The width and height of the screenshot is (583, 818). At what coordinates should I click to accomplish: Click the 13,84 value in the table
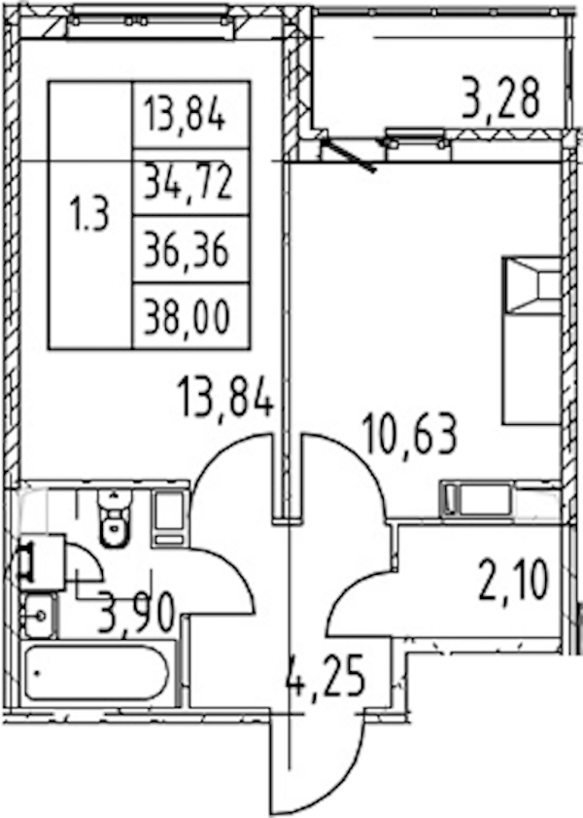pos(185,115)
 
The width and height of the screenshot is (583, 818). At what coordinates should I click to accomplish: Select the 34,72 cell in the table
pos(188,182)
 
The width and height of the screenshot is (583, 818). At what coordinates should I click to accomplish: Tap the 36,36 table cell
pos(187,250)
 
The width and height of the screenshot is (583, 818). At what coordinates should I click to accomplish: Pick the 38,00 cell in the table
pos(187,317)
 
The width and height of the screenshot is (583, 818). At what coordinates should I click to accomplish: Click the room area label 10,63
pos(412,433)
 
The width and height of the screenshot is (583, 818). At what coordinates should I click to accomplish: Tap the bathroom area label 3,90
pos(135,614)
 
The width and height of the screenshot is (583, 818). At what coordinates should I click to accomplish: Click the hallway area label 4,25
pos(326,677)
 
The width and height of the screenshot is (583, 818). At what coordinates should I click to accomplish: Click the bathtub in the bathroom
pos(96,673)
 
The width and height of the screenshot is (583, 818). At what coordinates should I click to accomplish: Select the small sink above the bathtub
pos(39,616)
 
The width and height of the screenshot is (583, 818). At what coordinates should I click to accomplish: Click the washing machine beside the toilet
pos(170,517)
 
